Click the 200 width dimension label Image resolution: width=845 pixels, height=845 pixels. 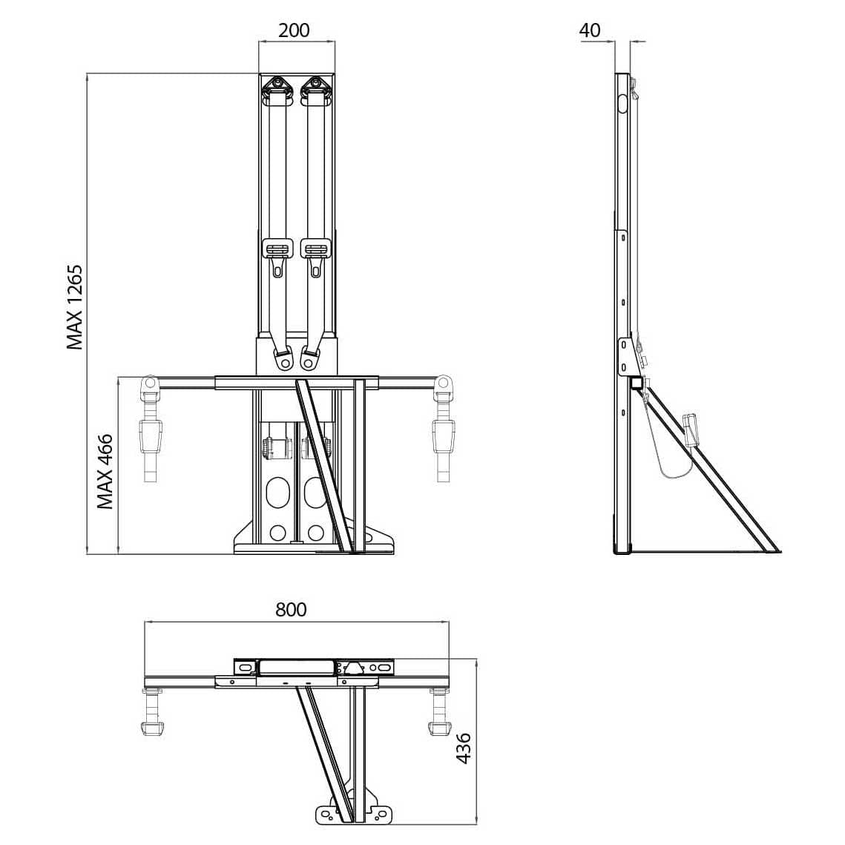click(x=294, y=30)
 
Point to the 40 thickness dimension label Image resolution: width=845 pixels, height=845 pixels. click(x=589, y=30)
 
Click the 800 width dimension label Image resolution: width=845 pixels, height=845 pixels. click(x=291, y=609)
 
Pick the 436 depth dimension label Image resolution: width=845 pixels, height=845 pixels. click(x=463, y=749)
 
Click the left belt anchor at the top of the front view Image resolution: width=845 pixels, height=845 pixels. click(x=277, y=88)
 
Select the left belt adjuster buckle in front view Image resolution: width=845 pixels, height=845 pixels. click(x=277, y=249)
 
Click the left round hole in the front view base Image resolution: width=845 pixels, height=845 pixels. click(x=278, y=532)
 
